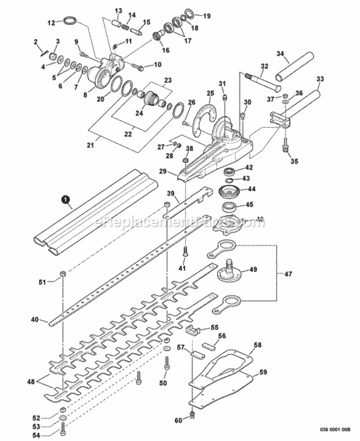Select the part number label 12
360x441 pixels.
coord(51,23)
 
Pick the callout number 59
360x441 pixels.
coord(264,372)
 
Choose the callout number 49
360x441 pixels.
coord(254,270)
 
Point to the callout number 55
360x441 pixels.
coord(214,328)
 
